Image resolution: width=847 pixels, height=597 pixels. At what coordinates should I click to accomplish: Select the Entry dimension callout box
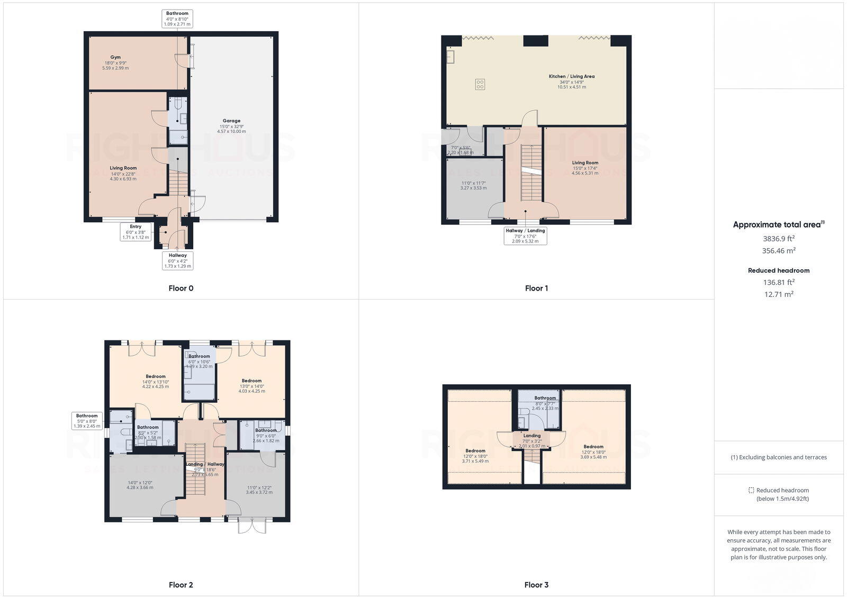click(136, 232)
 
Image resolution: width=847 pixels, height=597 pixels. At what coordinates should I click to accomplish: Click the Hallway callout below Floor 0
click(177, 260)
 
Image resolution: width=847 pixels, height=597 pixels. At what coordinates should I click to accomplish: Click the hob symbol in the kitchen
click(480, 84)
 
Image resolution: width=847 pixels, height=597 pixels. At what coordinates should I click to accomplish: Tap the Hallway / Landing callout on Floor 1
click(525, 236)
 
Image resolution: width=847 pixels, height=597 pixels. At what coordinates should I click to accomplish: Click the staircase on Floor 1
click(531, 172)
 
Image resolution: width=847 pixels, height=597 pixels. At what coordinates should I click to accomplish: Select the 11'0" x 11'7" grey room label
click(473, 185)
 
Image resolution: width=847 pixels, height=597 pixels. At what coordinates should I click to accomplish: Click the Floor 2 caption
click(181, 585)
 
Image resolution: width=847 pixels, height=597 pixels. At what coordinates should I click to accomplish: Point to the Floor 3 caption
click(536, 585)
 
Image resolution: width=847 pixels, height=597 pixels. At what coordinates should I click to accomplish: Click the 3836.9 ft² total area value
click(778, 239)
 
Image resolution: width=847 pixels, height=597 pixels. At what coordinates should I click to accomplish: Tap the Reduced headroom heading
click(778, 270)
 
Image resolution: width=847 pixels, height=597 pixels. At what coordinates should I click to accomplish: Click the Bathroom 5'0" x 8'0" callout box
click(87, 421)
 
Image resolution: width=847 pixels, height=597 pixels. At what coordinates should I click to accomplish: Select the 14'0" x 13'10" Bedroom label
click(155, 381)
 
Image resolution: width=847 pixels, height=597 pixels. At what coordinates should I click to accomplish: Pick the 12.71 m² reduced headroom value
click(778, 294)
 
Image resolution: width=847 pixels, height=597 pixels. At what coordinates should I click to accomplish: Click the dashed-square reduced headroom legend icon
click(751, 491)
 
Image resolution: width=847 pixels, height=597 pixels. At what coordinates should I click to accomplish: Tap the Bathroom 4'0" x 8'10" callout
click(177, 19)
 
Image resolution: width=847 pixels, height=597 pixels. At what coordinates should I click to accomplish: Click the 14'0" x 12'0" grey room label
click(140, 485)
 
